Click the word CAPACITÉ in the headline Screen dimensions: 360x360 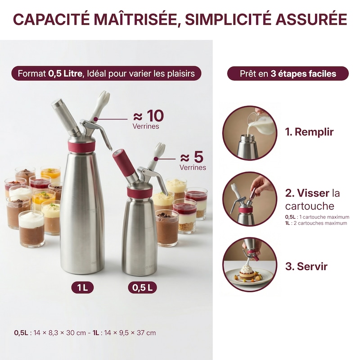[51, 19]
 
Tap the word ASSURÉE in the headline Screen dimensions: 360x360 [311, 19]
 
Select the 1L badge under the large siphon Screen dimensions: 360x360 [82, 288]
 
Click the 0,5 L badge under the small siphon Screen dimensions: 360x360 [142, 288]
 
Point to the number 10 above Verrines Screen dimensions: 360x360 [155, 116]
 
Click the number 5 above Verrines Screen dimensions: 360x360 [198, 157]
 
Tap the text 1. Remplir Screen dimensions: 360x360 [309, 132]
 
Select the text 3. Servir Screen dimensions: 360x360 [306, 266]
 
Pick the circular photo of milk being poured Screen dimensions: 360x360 [250, 133]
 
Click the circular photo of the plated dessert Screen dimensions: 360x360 [250, 265]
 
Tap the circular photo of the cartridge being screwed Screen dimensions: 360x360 [250, 199]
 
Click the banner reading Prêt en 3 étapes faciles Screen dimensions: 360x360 [288, 73]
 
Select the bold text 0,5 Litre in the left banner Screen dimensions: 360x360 [65, 73]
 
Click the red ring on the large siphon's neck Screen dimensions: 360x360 [81, 145]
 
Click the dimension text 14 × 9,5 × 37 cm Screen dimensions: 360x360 [130, 333]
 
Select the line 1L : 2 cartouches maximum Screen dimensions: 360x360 [316, 223]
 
